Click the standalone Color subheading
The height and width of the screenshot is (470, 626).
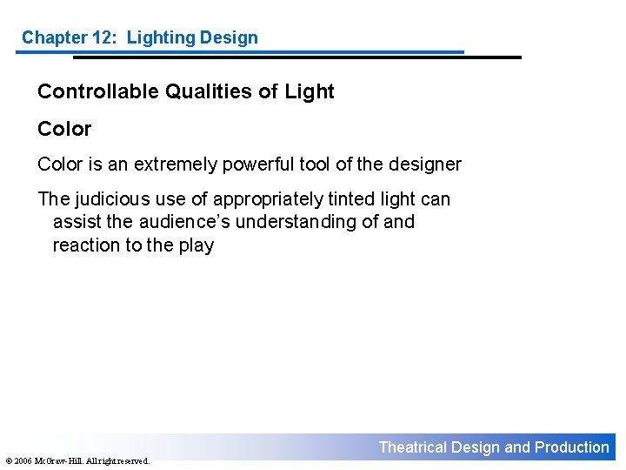coord(64,129)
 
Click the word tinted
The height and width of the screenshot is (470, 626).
coord(348,199)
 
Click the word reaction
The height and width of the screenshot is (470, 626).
coord(86,245)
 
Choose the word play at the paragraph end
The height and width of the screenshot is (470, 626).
coord(196,245)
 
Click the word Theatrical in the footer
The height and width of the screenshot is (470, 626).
coord(413,447)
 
